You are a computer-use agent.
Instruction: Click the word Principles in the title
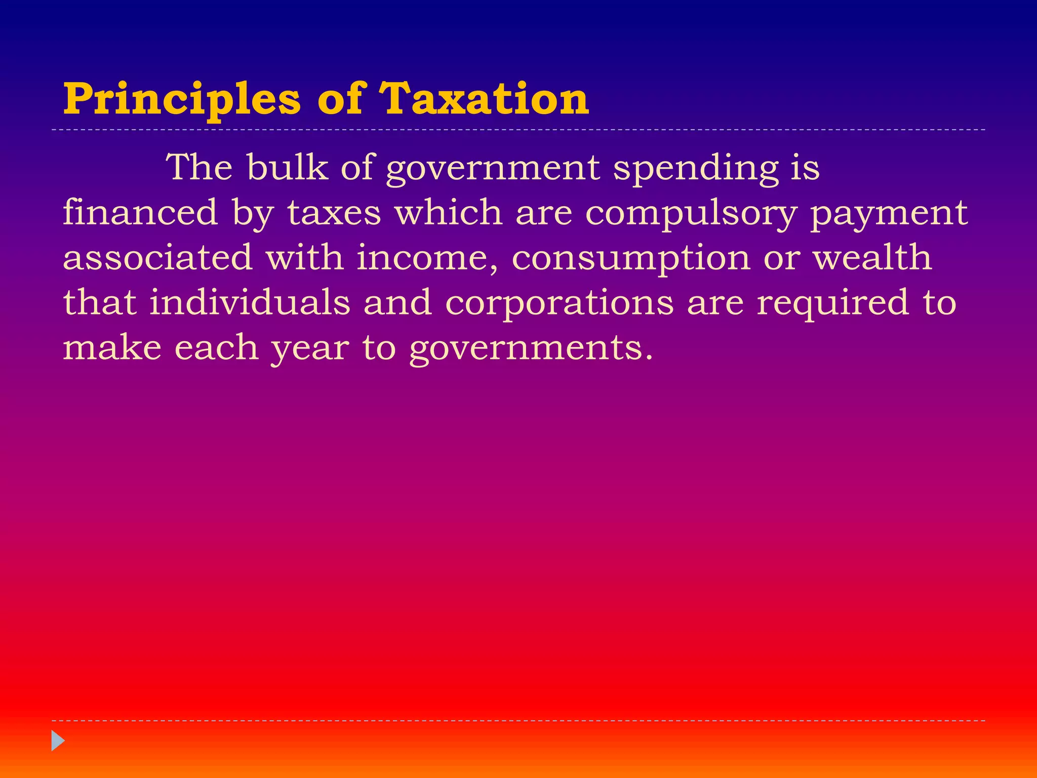click(x=182, y=99)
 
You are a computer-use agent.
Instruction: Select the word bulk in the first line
click(x=288, y=167)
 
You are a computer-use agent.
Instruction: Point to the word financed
click(x=140, y=212)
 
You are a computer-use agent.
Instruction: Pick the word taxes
click(x=334, y=212)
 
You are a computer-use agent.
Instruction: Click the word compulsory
click(x=691, y=213)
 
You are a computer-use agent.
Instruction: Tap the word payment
click(x=889, y=213)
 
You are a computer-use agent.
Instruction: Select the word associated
click(x=157, y=257)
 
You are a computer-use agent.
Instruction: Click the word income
click(x=427, y=257)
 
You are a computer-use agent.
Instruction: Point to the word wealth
click(x=872, y=257)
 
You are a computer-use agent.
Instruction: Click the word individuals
click(x=250, y=302)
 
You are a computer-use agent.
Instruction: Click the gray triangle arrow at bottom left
click(x=58, y=741)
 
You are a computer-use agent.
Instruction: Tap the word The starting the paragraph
click(x=200, y=167)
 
